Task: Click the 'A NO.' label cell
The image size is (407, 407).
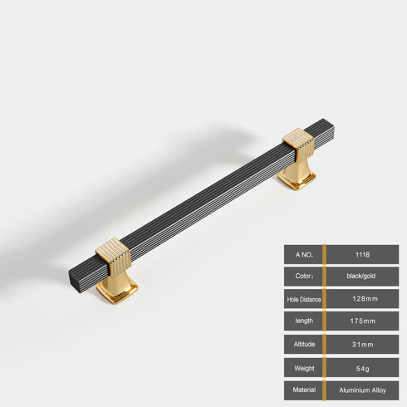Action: click(302, 253)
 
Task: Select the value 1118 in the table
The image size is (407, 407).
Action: click(362, 253)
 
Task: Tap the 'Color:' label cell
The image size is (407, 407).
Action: click(302, 276)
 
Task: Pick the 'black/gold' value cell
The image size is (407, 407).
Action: click(362, 276)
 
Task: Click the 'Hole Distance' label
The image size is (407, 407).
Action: click(302, 298)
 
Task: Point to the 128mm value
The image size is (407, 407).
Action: click(362, 298)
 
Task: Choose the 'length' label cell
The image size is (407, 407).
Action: click(302, 321)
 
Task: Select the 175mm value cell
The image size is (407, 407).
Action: click(362, 321)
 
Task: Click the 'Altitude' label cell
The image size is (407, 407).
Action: click(302, 344)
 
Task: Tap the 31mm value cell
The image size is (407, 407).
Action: click(362, 344)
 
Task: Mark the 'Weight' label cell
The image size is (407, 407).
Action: click(302, 367)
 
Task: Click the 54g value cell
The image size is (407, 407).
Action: click(362, 367)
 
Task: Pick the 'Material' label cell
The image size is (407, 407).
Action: click(302, 390)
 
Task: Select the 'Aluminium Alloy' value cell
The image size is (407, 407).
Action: click(362, 390)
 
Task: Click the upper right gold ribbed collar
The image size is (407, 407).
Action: click(298, 146)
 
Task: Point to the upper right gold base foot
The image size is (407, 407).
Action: click(296, 176)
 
